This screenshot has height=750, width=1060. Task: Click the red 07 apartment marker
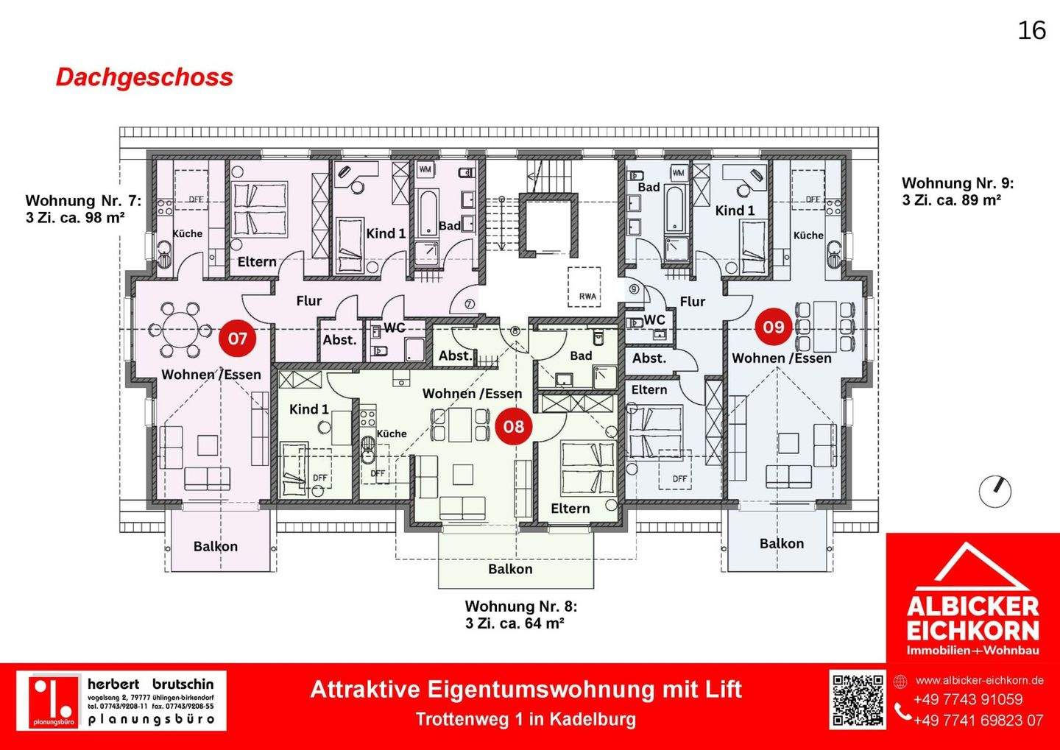coord(237,339)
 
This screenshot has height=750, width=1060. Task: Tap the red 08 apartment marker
coord(514,426)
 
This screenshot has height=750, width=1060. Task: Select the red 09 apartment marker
coord(773,327)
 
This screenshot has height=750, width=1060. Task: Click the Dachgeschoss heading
coord(144,77)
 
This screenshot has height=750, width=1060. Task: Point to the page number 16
coord(1031,30)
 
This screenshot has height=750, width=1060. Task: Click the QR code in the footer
coord(858,700)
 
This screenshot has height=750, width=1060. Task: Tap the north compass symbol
coord(995,491)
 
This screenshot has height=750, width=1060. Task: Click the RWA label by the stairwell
coord(587,297)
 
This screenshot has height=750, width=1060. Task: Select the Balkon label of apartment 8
coord(510,569)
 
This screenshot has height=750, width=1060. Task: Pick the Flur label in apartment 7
coord(308,300)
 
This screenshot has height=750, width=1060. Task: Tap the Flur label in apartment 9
coord(692,301)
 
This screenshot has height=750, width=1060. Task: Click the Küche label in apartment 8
coord(392,434)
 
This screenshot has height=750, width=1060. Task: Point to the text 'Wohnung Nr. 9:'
coord(957,183)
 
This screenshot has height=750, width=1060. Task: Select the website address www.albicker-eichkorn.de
coord(979,680)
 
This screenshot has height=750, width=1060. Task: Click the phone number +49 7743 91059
coord(968,700)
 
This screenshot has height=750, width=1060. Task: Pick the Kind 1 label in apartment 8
coord(309,409)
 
